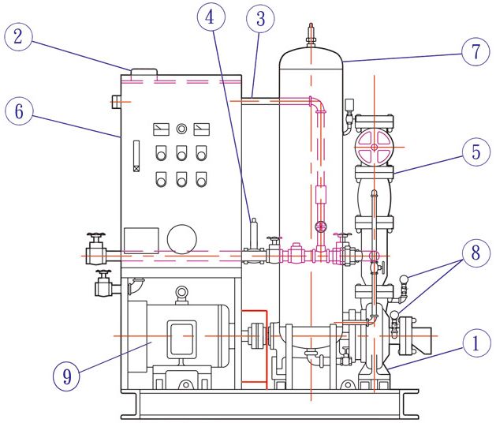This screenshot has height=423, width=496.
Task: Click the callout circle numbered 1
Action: [476, 343]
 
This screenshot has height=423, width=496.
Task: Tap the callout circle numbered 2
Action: [18, 36]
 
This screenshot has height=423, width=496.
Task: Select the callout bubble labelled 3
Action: [260, 19]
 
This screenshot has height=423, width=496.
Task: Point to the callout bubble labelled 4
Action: [211, 17]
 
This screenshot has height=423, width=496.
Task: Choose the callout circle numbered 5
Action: [476, 152]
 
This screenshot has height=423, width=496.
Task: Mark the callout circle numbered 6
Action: [19, 111]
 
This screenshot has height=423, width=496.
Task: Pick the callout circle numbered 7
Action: [475, 51]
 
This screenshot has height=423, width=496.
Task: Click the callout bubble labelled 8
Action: [476, 253]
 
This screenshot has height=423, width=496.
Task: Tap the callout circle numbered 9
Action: [66, 376]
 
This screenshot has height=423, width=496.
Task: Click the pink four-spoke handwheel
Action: [375, 147]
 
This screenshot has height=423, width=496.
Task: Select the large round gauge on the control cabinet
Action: [181, 239]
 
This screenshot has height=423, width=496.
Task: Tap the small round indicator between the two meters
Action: [181, 129]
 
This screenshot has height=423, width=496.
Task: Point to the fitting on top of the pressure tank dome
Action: [311, 35]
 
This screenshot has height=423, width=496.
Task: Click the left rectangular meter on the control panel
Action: [161, 129]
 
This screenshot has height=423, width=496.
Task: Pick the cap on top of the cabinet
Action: [144, 72]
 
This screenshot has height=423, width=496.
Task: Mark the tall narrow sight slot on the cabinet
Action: [136, 156]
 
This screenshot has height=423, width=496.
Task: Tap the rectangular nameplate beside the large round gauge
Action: [141, 241]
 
